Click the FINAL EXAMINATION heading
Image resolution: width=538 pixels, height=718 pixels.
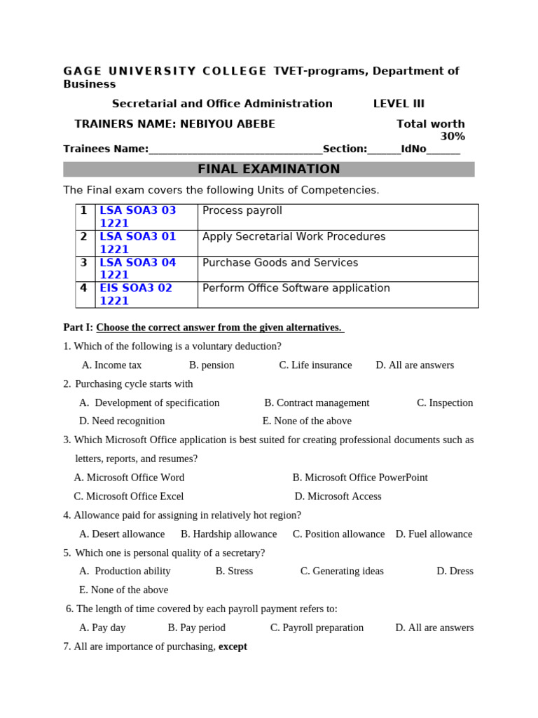coord(268,169)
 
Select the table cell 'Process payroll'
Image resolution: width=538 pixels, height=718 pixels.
coord(242,211)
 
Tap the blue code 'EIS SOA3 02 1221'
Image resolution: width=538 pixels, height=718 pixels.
coord(136,294)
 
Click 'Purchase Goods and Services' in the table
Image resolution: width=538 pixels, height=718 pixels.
coord(280,263)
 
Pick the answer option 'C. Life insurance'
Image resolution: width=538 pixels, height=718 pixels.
coord(315,365)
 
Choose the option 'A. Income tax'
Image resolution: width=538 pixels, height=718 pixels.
coord(111,365)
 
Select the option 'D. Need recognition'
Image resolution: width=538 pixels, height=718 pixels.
coord(122,421)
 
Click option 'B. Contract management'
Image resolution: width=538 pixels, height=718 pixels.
coord(317,403)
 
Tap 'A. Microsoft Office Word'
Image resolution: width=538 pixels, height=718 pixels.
coord(129,477)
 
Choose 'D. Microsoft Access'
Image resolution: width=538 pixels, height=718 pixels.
coord(338,496)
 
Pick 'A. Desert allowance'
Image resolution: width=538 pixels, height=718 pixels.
coord(122,534)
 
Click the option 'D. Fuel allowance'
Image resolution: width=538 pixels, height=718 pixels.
coord(434,534)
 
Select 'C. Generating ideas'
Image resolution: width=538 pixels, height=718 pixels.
coord(342,571)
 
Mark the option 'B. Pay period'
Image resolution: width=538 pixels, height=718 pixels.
coord(196,628)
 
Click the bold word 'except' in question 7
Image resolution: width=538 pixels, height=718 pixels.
coord(233,646)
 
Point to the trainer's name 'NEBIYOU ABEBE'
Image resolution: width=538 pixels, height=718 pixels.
coord(227,124)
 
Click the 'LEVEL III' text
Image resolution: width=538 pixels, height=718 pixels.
coord(399,104)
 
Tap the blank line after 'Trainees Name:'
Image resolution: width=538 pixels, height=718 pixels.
coord(235,149)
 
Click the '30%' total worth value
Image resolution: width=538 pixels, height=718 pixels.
coord(452,137)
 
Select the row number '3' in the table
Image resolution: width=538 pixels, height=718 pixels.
coord(83,263)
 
